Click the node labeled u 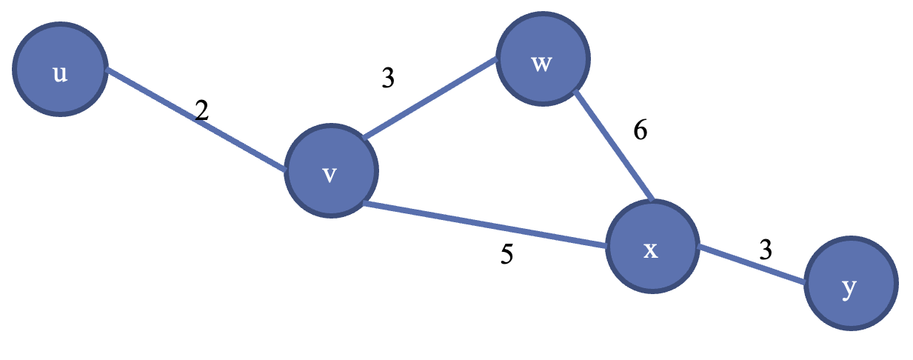point(60,70)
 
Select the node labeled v point(331,171)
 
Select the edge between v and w point(429,100)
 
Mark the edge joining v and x point(485,224)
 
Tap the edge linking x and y point(752,264)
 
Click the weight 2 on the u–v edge point(201,111)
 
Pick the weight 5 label point(506,255)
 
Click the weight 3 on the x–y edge point(765,250)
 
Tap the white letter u point(60,74)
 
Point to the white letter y point(850,289)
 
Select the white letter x point(650,250)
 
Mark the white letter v point(330,176)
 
